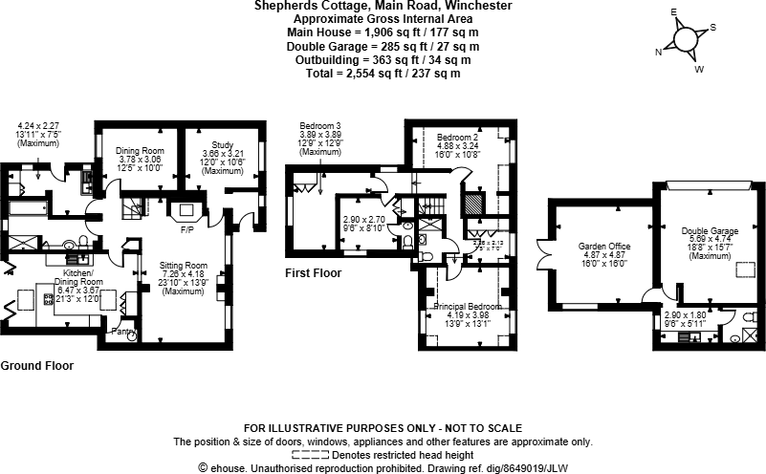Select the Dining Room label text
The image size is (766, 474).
pos(141,151)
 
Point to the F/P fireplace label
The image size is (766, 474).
pos(186,229)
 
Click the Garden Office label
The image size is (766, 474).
pos(604,246)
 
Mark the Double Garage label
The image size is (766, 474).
pos(710,231)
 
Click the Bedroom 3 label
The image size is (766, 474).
pos(319,126)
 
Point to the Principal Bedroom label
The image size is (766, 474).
pos(464,306)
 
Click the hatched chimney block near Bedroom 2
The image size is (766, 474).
pos(470,207)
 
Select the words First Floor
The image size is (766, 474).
pos(315,273)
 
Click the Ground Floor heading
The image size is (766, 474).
pos(36,365)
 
